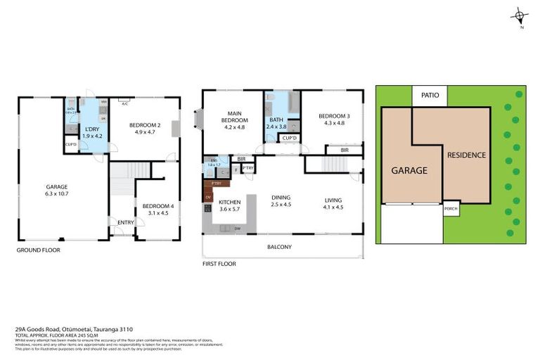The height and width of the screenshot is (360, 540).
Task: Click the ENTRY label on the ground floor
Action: (x=126, y=223)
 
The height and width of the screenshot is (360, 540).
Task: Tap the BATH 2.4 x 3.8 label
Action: (x=278, y=124)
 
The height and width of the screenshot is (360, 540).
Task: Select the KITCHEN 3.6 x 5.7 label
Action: (x=230, y=205)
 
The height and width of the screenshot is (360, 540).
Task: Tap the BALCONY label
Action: (x=279, y=247)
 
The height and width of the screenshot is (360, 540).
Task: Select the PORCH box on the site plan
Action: (x=451, y=209)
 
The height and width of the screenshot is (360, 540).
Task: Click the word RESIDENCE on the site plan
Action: (x=466, y=155)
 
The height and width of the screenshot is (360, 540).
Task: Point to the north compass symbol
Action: (x=521, y=16)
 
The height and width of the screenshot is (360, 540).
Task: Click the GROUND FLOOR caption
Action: (x=39, y=250)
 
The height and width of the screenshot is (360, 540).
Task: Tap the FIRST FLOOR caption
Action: (x=219, y=264)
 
